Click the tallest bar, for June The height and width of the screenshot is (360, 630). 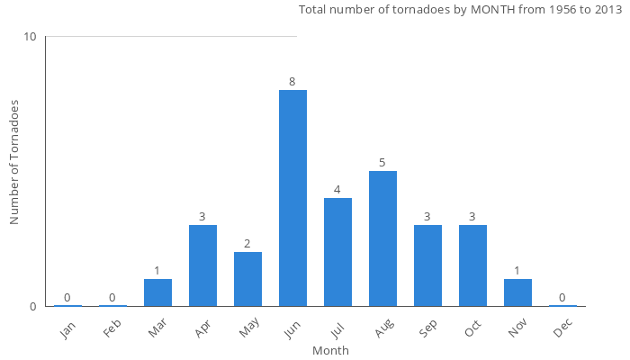click(x=292, y=198)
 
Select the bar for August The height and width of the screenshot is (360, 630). click(x=382, y=238)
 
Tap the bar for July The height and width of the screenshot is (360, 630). click(x=337, y=252)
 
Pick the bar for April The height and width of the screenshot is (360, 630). click(x=202, y=265)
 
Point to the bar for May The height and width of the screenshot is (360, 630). click(x=247, y=279)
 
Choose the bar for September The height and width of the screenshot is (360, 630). click(x=427, y=265)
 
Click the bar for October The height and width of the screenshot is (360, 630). click(x=472, y=265)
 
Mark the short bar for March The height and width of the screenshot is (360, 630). click(x=157, y=292)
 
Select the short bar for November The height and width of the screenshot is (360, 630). click(x=517, y=292)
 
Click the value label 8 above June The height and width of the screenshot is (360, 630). click(x=292, y=82)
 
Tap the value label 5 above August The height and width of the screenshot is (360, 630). click(x=382, y=163)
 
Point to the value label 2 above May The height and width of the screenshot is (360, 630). click(x=247, y=244)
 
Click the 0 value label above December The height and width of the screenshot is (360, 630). click(x=562, y=298)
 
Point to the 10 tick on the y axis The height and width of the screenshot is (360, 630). click(x=31, y=37)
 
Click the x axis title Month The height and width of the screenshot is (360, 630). click(x=330, y=350)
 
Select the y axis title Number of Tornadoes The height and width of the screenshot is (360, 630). click(x=14, y=162)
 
